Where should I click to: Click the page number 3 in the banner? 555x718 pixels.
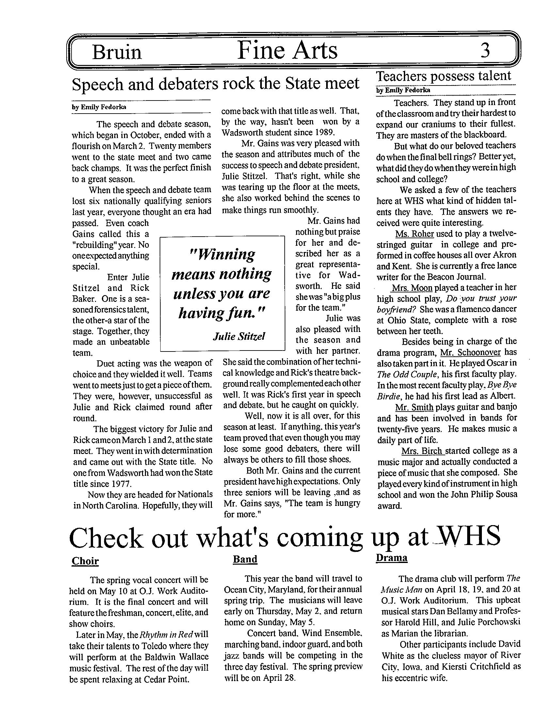[x=485, y=51]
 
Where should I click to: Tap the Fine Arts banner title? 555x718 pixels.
[x=287, y=51]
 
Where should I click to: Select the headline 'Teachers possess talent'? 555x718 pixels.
[x=444, y=76]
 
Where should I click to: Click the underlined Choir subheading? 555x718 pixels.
[x=85, y=560]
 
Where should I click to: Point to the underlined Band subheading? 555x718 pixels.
[x=245, y=559]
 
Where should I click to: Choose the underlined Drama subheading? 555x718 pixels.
[x=391, y=558]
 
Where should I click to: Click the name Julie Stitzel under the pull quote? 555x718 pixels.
[x=239, y=336]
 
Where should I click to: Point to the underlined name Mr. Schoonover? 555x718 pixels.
[x=470, y=353]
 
